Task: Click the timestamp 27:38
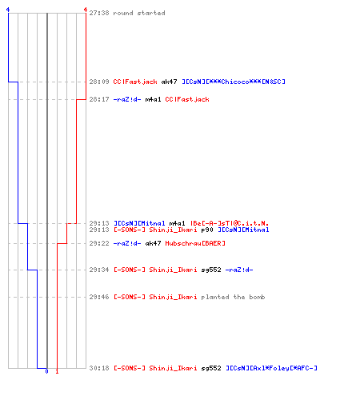[x=99, y=13]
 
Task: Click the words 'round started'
[x=139, y=13]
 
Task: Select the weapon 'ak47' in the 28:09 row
[x=169, y=82]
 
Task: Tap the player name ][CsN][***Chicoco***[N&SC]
[x=234, y=82]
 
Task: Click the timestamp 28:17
[x=99, y=99]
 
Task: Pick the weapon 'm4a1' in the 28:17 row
[x=153, y=99]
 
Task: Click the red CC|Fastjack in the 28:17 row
[x=187, y=99]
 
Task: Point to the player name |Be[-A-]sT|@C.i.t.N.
[x=230, y=223]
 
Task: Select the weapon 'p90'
[x=207, y=230]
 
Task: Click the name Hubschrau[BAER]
[x=195, y=243]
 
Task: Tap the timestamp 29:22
[x=99, y=243]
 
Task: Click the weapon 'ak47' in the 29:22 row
[x=153, y=243]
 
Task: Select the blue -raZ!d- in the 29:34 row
[x=239, y=270]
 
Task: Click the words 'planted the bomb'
[x=233, y=297]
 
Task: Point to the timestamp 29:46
[x=99, y=297]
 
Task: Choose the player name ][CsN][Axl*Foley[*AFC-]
[x=271, y=368]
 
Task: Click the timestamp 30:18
[x=99, y=368]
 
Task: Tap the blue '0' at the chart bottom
[x=47, y=371]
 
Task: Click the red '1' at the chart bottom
[x=57, y=371]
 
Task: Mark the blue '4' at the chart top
[x=8, y=10]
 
